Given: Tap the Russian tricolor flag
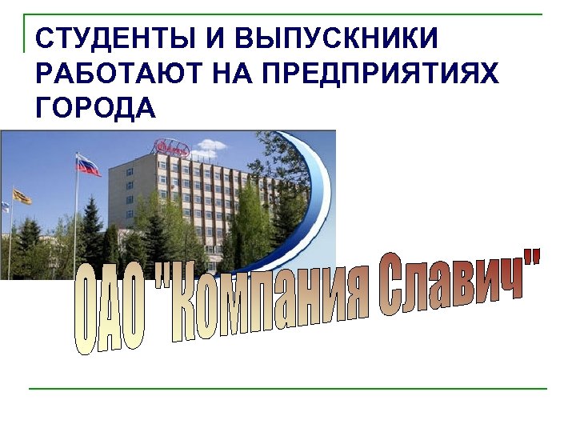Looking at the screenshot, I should click(x=88, y=165).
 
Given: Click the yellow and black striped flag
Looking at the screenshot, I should click(x=22, y=196).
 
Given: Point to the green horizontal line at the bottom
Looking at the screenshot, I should click(x=288, y=389).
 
